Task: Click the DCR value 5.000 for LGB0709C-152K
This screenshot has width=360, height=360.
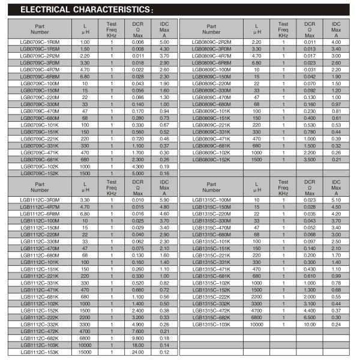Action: click(137, 173)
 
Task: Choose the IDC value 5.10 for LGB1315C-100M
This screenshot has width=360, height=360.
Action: click(336, 200)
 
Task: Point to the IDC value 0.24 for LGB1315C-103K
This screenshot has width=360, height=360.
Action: click(336, 324)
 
